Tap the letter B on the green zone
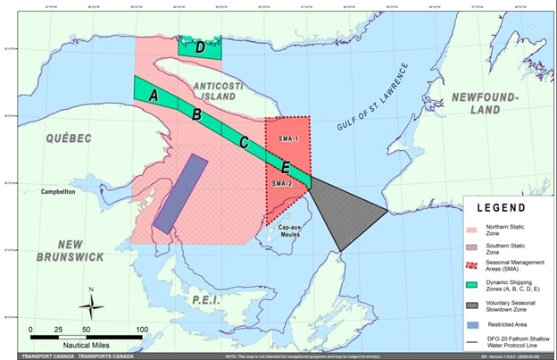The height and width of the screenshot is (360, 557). click(x=196, y=114)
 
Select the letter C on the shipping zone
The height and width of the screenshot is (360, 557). click(x=243, y=141)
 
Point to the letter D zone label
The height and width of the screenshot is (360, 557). click(x=200, y=47)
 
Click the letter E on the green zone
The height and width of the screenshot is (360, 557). click(x=286, y=167)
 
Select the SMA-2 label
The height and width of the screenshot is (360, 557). click(x=282, y=183)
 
